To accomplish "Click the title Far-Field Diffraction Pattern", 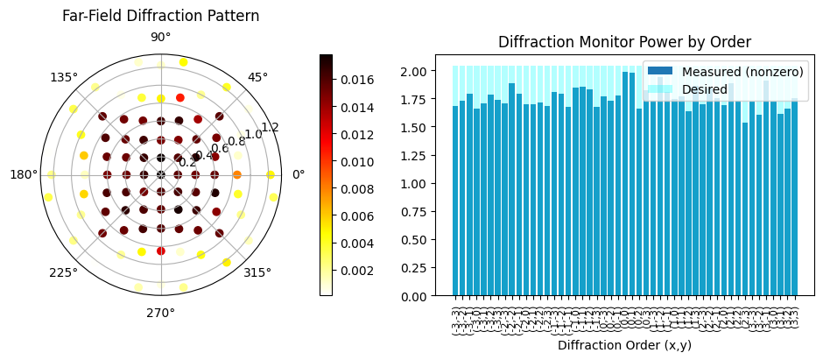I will (x=160, y=16).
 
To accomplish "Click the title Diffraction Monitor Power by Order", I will (x=624, y=42).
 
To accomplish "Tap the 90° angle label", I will (x=160, y=38).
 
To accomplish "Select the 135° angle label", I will (x=65, y=77).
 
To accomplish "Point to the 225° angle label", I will (x=64, y=272).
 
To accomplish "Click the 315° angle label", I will (x=257, y=272).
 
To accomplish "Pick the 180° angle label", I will (x=24, y=174).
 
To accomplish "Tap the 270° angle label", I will (x=160, y=312).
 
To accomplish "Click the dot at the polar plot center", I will (x=161, y=174).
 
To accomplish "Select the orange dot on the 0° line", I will (x=237, y=174).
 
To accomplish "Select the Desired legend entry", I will (x=705, y=88).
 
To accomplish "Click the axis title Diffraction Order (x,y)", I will (x=624, y=345).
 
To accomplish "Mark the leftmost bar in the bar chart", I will (x=455, y=201).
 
